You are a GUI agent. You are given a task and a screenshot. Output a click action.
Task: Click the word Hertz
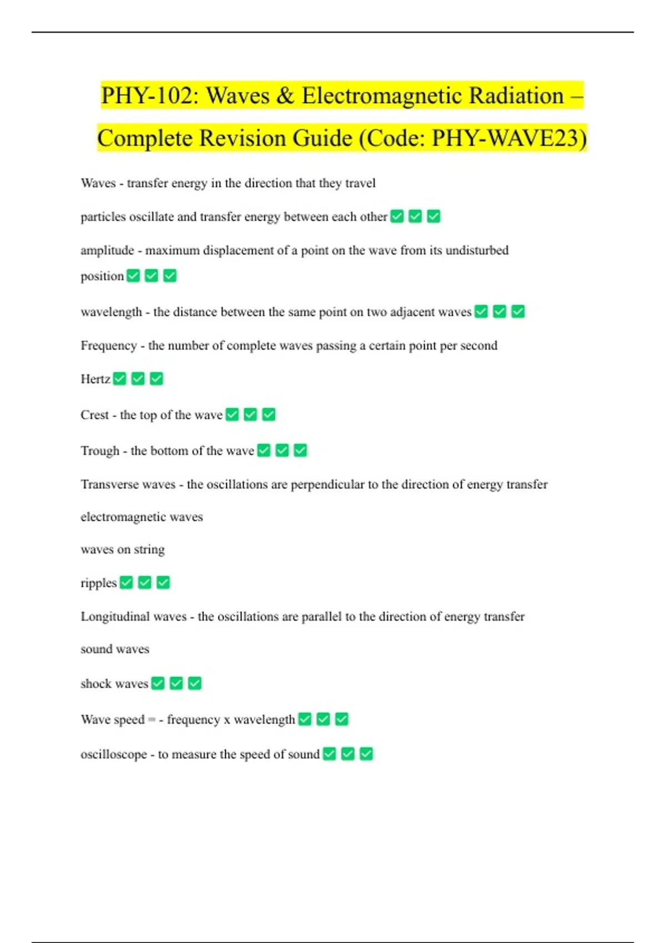pyautogui.click(x=95, y=379)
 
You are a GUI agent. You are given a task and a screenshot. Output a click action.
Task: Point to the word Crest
pyautogui.click(x=94, y=415)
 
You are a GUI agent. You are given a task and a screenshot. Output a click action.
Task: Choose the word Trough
pyautogui.click(x=100, y=451)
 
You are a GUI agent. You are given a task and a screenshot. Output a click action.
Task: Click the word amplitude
pyautogui.click(x=107, y=251)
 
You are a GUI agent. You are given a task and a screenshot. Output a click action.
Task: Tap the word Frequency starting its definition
pyautogui.click(x=108, y=346)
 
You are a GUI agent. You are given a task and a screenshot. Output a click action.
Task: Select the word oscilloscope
pyautogui.click(x=114, y=754)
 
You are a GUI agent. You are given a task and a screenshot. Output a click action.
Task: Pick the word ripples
pyautogui.click(x=98, y=583)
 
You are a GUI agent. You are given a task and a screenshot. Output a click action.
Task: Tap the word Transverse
pyautogui.click(x=111, y=485)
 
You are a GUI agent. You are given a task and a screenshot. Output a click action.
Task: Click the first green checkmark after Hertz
pyautogui.click(x=120, y=379)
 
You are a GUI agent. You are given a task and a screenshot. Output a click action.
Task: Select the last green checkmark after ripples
pyautogui.click(x=163, y=582)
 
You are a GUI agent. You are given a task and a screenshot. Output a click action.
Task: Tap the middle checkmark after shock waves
pyautogui.click(x=176, y=683)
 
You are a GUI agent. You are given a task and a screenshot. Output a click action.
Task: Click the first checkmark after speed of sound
pyautogui.click(x=330, y=754)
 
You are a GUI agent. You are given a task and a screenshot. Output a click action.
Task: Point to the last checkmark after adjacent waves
pyautogui.click(x=518, y=312)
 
